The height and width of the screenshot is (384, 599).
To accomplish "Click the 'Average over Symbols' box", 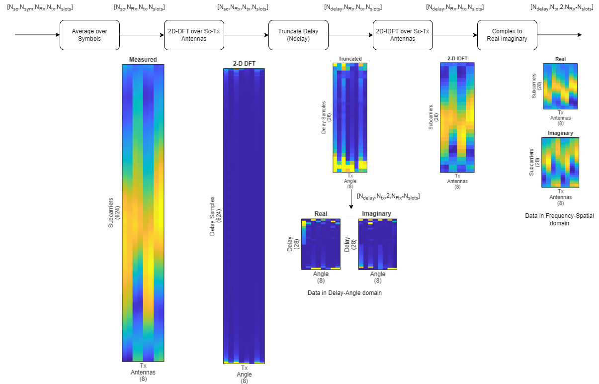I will pyautogui.click(x=89, y=35).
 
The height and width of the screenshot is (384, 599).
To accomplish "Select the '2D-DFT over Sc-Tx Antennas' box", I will pyautogui.click(x=194, y=35).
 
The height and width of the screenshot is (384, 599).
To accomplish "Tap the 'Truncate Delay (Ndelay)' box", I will pyautogui.click(x=298, y=35).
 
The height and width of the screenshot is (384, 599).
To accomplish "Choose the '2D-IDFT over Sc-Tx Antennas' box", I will pyautogui.click(x=403, y=35).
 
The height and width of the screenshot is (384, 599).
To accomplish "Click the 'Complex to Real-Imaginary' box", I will pyautogui.click(x=507, y=35).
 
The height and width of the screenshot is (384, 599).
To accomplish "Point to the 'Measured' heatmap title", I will pyautogui.click(x=143, y=60).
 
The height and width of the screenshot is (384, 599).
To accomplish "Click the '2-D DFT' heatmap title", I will pyautogui.click(x=244, y=64).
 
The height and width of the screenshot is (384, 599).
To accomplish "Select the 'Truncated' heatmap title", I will pyautogui.click(x=350, y=59).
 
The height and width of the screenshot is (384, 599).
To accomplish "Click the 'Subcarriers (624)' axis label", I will pyautogui.click(x=114, y=213).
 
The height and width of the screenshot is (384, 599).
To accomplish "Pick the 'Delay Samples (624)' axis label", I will pyautogui.click(x=215, y=215).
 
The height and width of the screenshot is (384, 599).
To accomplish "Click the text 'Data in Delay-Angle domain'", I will pyautogui.click(x=344, y=293).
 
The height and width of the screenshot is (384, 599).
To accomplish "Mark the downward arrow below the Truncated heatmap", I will pyautogui.click(x=351, y=199).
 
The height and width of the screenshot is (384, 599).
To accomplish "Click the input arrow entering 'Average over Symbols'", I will pyautogui.click(x=37, y=35).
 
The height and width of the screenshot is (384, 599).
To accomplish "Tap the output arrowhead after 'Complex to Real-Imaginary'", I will pyautogui.click(x=578, y=35).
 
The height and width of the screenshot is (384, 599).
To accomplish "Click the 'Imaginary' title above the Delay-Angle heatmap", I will pyautogui.click(x=376, y=214).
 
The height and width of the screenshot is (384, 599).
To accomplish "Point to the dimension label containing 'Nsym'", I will pyautogui.click(x=40, y=8).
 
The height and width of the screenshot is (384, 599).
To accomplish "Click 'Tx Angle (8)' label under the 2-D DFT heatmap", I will pyautogui.click(x=244, y=375).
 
